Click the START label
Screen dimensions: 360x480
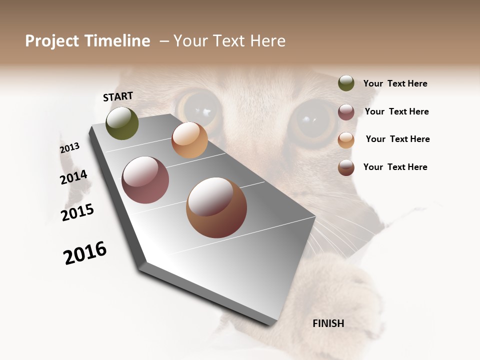118,96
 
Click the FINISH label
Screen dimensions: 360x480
328,323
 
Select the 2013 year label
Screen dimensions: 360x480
69,148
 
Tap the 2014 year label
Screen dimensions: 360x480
73,177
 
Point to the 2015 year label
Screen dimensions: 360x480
77,212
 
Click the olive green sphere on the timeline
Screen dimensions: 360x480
122,123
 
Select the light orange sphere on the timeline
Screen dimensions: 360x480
189,140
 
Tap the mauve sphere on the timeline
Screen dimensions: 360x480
145,180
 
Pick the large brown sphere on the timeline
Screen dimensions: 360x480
216,207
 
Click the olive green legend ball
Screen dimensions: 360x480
346,83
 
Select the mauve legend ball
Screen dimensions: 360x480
346,112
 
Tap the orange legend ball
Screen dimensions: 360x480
346,139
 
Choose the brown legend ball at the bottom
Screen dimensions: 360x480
346,167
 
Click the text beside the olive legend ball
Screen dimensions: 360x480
395,84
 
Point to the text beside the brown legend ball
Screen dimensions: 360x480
395,167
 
